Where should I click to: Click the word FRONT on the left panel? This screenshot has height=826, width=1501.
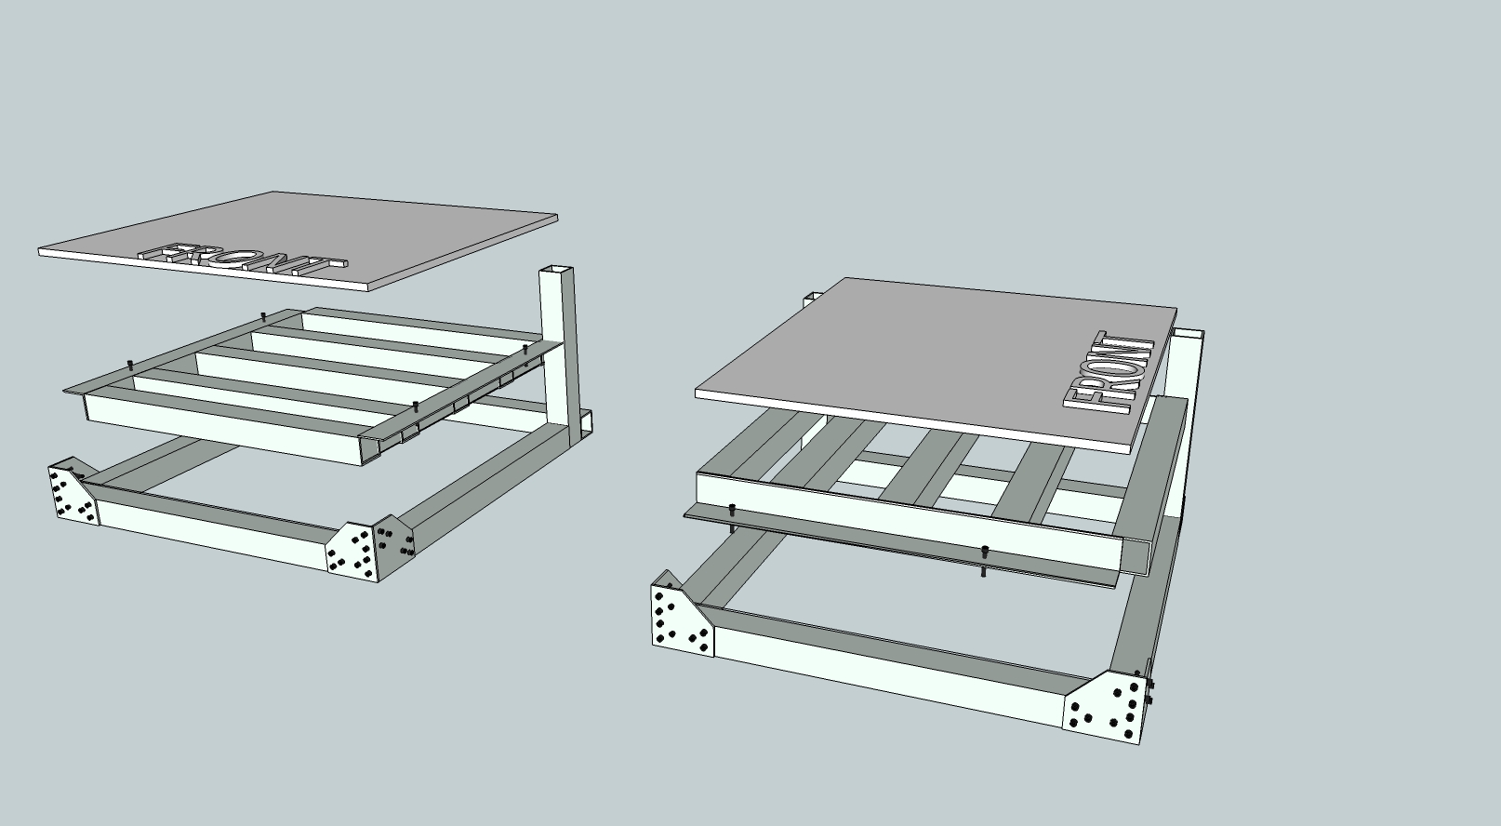pos(243,260)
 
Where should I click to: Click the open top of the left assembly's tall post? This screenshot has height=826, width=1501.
pos(557,269)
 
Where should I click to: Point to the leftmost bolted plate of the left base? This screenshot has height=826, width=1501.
pos(73,491)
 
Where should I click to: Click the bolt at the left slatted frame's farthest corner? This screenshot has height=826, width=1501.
pos(263,315)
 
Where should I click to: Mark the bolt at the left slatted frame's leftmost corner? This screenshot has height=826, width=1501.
pos(130,366)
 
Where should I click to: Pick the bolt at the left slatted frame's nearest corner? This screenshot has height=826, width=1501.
pos(416,406)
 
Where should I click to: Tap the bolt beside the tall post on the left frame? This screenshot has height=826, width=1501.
pos(525,350)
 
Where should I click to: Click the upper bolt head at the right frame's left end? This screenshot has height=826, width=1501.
pos(732,510)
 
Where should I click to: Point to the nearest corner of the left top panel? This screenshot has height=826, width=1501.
pos(369,289)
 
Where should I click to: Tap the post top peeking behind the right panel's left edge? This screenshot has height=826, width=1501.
pos(813,297)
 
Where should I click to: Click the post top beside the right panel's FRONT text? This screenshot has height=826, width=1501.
pos(1188,333)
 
